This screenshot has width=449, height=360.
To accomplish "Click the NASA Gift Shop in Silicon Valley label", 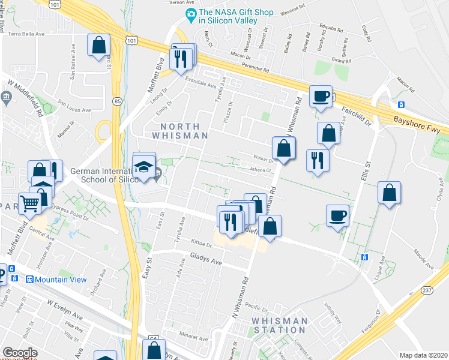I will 237,16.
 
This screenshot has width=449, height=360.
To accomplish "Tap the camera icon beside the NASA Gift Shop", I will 191,13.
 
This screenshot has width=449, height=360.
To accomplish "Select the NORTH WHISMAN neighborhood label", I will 184,130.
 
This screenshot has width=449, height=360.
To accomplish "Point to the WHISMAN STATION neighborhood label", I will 280,325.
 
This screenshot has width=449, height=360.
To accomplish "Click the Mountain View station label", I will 60,280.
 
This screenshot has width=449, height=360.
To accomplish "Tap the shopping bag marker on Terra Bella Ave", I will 98,46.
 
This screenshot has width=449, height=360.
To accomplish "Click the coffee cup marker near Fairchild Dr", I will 321,96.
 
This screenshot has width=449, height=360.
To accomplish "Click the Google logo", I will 19,353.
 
